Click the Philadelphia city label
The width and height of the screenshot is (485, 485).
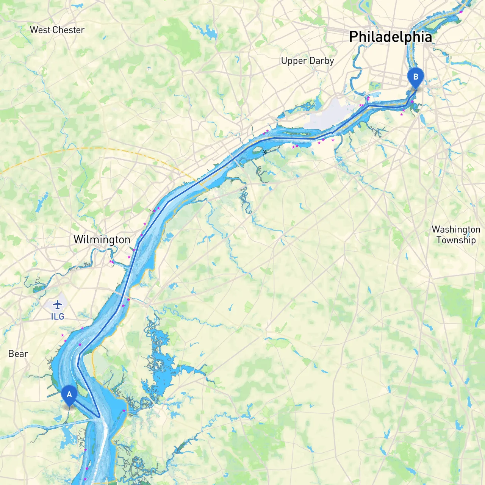coord(390,37)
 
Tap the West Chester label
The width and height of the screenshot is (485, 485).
coord(57,30)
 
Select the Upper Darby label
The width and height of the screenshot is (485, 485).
coord(307,61)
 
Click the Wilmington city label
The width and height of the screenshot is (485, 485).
coord(102,239)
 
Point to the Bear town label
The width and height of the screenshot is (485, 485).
coord(18,354)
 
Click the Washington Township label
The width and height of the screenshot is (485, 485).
coord(456,235)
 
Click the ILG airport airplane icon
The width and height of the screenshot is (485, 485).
coord(58,304)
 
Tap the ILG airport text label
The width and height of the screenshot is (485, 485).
coord(58,316)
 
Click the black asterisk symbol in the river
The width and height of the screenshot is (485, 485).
coord(264,152)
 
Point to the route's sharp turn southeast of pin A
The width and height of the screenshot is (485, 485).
coord(99,417)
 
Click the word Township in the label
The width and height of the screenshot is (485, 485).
coord(456,240)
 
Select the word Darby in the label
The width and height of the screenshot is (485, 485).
coord(321,61)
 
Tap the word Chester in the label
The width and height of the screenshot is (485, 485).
coord(69,30)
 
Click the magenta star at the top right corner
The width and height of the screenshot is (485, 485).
coord(461,12)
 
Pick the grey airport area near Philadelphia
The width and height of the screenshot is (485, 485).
coord(330,114)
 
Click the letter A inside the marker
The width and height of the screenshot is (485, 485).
coord(69,394)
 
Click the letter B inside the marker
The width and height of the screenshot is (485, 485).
coord(416,77)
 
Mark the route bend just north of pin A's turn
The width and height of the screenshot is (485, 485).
coord(78,366)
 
